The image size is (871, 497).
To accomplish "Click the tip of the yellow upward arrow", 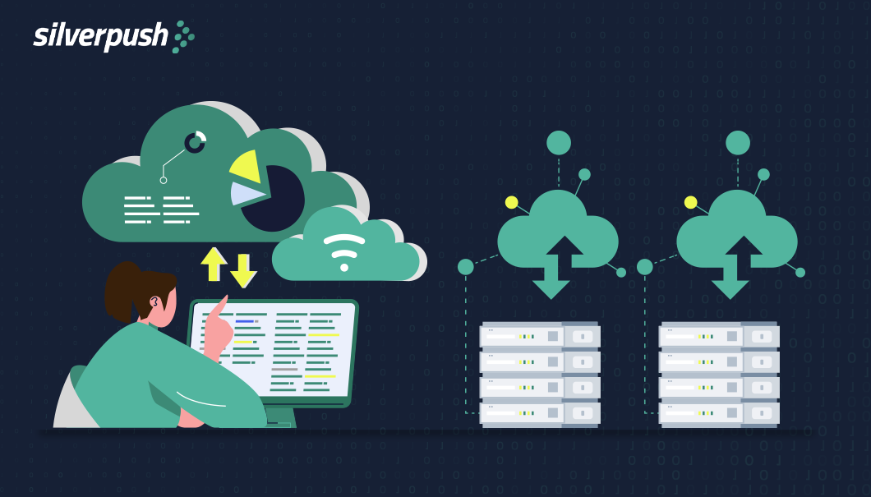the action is click(214, 247).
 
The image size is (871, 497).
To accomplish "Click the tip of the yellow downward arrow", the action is click(243, 288).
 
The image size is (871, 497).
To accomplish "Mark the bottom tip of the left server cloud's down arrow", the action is click(551, 299).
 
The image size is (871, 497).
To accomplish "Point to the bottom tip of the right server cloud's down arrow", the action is click(730, 299).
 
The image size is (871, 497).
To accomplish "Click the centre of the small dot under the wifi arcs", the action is click(344, 268).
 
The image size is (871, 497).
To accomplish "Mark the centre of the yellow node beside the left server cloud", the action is click(512, 202).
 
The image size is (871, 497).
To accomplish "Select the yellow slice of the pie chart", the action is click(246, 166).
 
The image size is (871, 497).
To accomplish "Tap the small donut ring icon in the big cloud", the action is click(195, 142).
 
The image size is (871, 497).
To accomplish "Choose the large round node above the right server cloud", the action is click(738, 143).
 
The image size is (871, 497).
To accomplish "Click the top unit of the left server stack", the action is click(540, 335).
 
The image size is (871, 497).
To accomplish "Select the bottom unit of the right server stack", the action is click(719, 413).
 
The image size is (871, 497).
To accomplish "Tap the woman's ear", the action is click(154, 302).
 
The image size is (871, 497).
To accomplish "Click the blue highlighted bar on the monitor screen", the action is click(244, 321).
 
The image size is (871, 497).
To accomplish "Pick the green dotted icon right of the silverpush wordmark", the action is click(184, 37).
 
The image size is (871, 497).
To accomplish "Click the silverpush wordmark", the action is click(100, 38).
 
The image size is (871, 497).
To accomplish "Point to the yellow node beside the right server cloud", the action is click(690, 202).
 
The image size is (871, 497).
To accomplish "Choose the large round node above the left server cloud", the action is click(559, 143).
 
